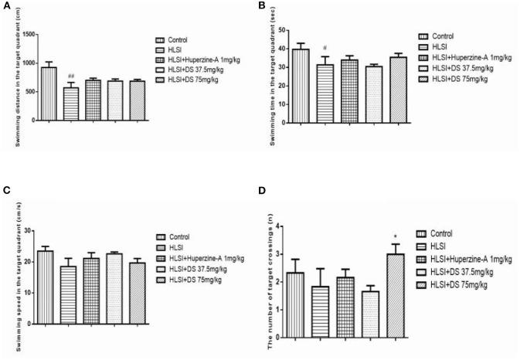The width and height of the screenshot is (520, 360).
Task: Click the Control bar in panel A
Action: (48, 93)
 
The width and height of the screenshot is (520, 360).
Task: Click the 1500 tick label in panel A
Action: (28, 35)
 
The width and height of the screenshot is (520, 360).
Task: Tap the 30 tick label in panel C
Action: (28, 230)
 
